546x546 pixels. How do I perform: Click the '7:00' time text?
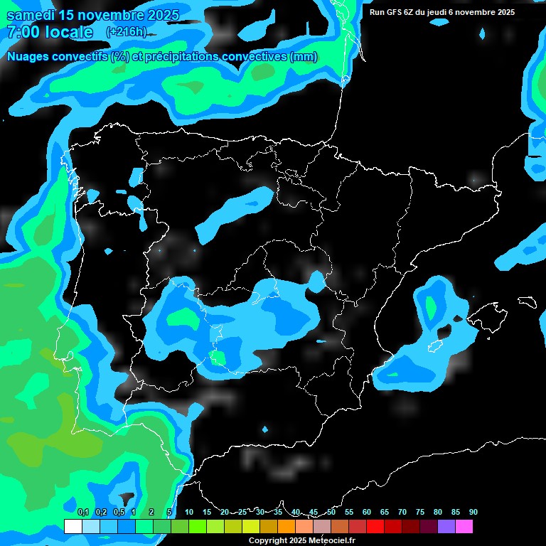click(x=24, y=32)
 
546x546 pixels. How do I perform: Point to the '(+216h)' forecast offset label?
click(x=126, y=32)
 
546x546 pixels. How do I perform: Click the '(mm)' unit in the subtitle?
click(x=304, y=57)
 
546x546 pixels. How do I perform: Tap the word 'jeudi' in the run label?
click(x=441, y=12)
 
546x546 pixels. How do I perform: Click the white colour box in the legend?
click(x=73, y=527)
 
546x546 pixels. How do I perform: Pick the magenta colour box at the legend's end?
click(x=464, y=527)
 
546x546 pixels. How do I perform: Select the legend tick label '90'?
click(x=473, y=513)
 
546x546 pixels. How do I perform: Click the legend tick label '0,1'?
click(x=82, y=513)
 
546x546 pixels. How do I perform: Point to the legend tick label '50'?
click(x=331, y=513)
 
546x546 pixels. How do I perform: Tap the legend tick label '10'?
click(x=189, y=513)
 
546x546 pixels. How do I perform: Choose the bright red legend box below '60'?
click(x=375, y=527)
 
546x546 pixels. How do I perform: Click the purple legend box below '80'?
click(x=446, y=527)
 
